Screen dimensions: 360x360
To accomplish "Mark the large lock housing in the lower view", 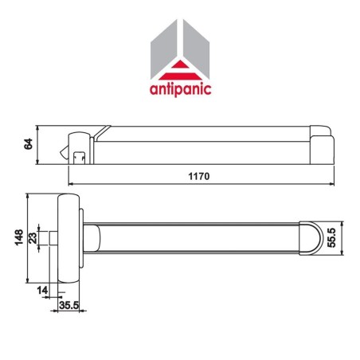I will pyautogui.click(x=70, y=237).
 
